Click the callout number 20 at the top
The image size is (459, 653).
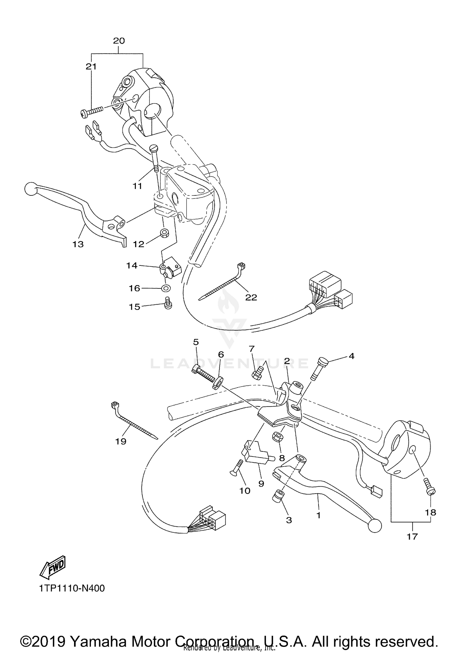119,41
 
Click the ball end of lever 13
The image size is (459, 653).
31,189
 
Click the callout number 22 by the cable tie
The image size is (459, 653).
251,297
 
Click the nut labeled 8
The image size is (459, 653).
277,437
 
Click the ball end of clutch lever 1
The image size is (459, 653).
375,525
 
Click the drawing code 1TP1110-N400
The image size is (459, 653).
72,588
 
